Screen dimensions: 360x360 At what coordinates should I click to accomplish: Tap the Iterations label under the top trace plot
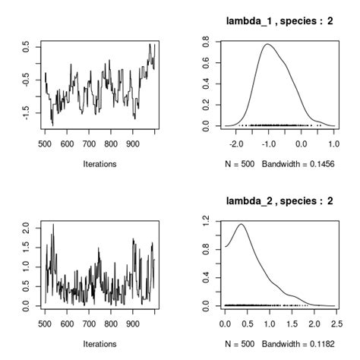click(x=99, y=163)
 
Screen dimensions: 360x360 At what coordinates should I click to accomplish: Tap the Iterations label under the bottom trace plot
click(x=99, y=342)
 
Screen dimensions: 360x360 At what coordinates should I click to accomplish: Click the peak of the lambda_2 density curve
click(x=242, y=224)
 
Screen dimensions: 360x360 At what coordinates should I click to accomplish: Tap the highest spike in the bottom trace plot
click(x=52, y=225)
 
